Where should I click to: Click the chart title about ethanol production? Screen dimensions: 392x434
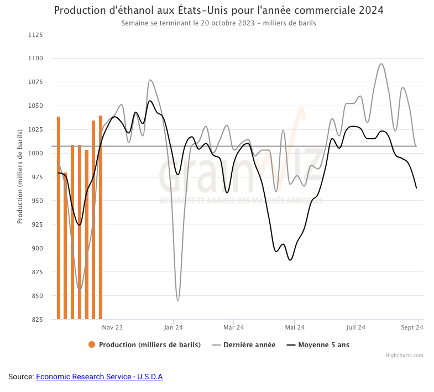(218, 11)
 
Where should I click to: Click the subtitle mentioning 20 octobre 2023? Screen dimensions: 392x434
(218, 23)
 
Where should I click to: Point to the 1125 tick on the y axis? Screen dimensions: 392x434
(35, 35)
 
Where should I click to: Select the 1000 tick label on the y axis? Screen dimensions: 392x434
(35, 153)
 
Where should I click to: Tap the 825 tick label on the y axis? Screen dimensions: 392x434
(36, 320)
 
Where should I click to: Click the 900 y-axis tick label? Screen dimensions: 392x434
(36, 248)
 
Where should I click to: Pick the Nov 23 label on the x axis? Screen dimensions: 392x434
(112, 327)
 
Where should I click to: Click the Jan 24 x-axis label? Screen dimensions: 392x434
(173, 327)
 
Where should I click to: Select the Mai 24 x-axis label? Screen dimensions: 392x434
(295, 327)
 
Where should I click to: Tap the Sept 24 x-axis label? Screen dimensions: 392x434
(412, 327)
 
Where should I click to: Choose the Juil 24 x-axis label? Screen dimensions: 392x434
(355, 327)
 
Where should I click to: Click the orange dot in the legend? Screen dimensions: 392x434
(92, 345)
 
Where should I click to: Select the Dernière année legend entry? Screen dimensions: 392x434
(249, 345)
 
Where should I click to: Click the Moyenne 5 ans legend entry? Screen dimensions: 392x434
(323, 345)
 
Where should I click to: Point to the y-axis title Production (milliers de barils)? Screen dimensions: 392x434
(20, 176)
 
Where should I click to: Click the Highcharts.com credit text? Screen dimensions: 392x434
(404, 356)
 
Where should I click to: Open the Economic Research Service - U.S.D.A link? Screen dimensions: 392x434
(99, 377)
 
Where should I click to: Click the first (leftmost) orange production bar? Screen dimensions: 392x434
(59, 218)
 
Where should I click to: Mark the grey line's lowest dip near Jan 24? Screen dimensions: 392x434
(177, 300)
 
